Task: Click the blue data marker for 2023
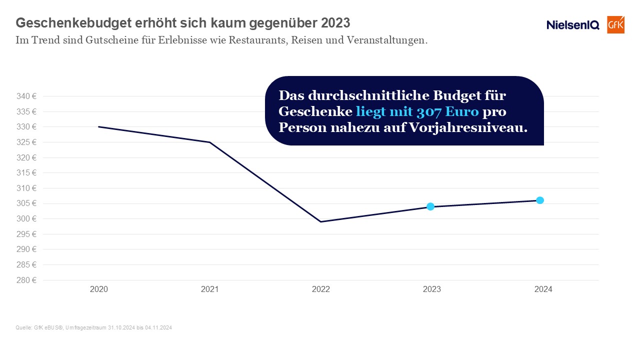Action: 430,206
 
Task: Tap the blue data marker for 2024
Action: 540,200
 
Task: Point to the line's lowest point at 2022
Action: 320,221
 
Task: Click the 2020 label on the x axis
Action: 98,289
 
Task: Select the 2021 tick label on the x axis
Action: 209,289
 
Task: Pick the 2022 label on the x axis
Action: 320,289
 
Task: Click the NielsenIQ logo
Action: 572,25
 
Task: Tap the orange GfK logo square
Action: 615,24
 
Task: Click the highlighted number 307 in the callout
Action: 428,111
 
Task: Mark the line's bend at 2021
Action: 209,142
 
